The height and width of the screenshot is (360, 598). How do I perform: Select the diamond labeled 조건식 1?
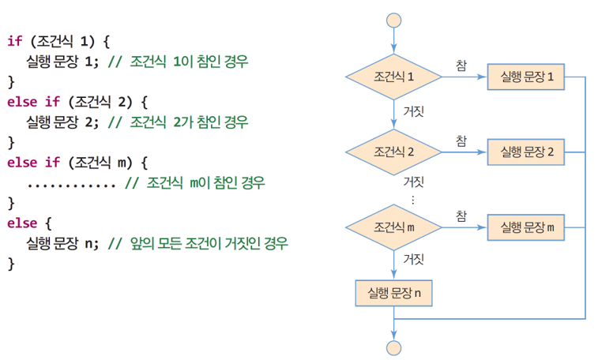click(x=393, y=77)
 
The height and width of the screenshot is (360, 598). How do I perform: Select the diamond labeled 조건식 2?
click(x=393, y=152)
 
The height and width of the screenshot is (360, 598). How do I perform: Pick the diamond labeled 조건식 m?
click(x=393, y=227)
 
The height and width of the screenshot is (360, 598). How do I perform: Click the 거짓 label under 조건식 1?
click(x=413, y=111)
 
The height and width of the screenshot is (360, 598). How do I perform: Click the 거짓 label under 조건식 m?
click(x=413, y=259)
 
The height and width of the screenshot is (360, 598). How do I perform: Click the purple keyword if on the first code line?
click(x=14, y=39)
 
